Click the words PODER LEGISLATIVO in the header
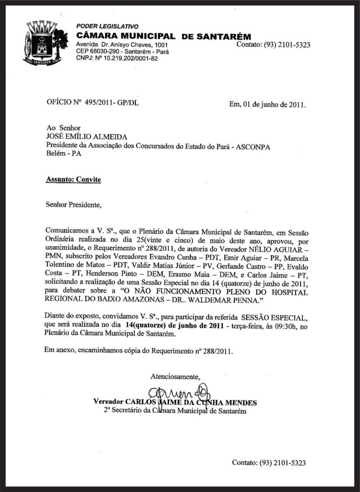107,26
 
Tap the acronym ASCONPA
254,147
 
